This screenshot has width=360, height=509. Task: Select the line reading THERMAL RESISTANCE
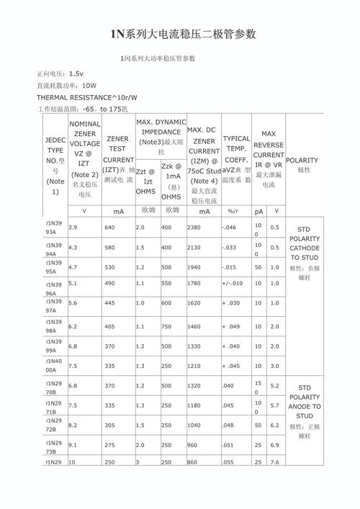click(x=86, y=96)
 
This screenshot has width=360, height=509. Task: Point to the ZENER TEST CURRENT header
click(x=117, y=159)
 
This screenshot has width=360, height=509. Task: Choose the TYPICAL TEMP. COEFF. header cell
click(x=236, y=158)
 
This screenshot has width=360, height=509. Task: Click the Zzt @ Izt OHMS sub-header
click(x=146, y=181)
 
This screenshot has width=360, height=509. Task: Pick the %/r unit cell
click(x=233, y=211)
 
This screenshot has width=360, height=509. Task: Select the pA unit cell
click(x=258, y=211)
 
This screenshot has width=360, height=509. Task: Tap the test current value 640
click(x=110, y=228)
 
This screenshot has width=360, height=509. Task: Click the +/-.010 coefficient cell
click(x=233, y=284)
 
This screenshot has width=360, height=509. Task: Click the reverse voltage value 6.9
click(x=274, y=445)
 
